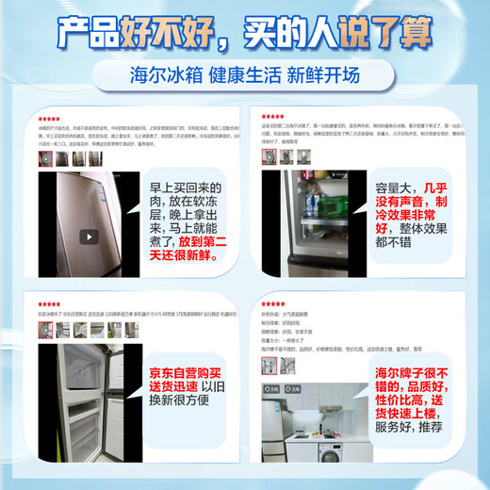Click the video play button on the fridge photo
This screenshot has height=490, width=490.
click(88, 237)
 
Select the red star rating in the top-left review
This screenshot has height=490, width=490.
click(48, 120)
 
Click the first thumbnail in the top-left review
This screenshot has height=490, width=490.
click(45, 158)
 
